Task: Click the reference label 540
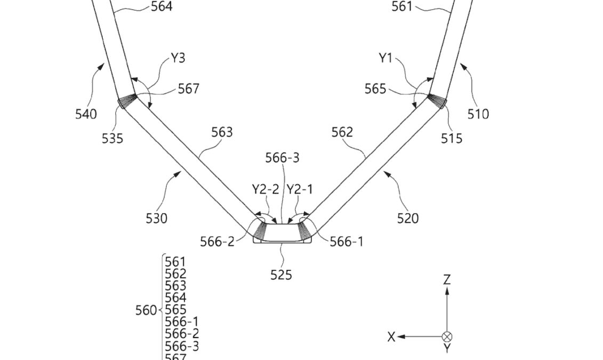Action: pyautogui.click(x=86, y=114)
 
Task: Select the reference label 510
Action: pyautogui.click(x=478, y=114)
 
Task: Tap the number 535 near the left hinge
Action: pyautogui.click(x=112, y=139)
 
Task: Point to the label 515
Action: pyautogui.click(x=451, y=139)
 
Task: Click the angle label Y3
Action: pyautogui.click(x=178, y=58)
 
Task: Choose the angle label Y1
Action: pyautogui.click(x=385, y=58)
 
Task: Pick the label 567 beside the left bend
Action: pyautogui.click(x=188, y=89)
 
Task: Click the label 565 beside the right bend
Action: pyautogui.click(x=375, y=89)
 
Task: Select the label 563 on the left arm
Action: pyautogui.click(x=222, y=132)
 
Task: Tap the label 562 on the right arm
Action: pyautogui.click(x=342, y=132)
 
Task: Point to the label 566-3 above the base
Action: pyautogui.click(x=282, y=158)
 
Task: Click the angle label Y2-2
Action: pyautogui.click(x=266, y=189)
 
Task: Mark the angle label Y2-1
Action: pyautogui.click(x=300, y=189)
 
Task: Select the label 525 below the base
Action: pyautogui.click(x=281, y=275)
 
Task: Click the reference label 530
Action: pyautogui.click(x=156, y=218)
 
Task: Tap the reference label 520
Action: pyautogui.click(x=408, y=218)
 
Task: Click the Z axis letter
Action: pyautogui.click(x=447, y=279)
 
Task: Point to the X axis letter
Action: pyautogui.click(x=391, y=337)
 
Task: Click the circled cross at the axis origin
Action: pyautogui.click(x=447, y=337)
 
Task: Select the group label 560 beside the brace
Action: pyautogui.click(x=146, y=310)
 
